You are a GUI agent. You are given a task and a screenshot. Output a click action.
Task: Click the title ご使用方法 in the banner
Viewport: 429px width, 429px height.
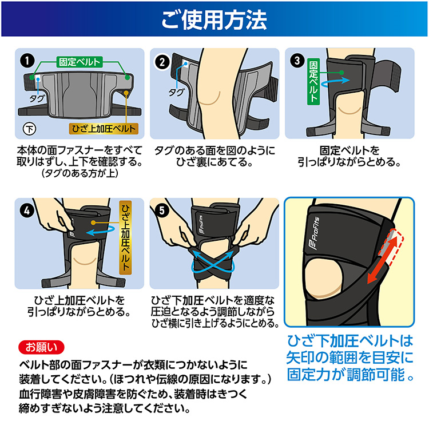214,19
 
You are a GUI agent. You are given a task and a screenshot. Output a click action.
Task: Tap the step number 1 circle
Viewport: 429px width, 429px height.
27,61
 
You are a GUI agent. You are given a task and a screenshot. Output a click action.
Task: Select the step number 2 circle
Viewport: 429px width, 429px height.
162,62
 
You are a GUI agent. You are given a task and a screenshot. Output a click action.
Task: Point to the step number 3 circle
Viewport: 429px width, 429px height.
297,61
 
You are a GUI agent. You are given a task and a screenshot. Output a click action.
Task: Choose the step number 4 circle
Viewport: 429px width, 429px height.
27,210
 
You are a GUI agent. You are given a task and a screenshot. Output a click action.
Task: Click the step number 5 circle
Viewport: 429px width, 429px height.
162,210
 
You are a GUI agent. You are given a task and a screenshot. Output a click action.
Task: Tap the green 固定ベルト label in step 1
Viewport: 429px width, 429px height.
80,62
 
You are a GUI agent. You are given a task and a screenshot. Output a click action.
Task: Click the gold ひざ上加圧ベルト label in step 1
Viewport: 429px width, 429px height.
104,129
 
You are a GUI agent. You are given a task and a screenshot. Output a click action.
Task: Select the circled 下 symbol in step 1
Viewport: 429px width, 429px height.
30,129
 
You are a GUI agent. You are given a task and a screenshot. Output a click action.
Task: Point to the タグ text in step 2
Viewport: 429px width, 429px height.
176,92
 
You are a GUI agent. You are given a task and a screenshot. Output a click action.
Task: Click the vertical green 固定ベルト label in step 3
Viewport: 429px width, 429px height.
313,82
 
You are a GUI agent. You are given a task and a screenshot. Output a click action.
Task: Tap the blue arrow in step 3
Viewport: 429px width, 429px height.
335,82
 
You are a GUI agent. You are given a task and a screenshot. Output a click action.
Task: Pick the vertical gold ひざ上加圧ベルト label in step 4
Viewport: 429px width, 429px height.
126,237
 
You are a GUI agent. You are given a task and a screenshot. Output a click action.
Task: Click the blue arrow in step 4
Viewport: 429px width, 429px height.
101,231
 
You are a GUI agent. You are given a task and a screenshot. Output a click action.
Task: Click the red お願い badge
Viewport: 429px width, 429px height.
41,347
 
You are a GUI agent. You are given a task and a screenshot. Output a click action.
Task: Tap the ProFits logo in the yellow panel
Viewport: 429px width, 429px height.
316,233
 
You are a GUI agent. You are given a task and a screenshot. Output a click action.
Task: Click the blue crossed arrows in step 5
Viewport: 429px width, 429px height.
213,262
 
